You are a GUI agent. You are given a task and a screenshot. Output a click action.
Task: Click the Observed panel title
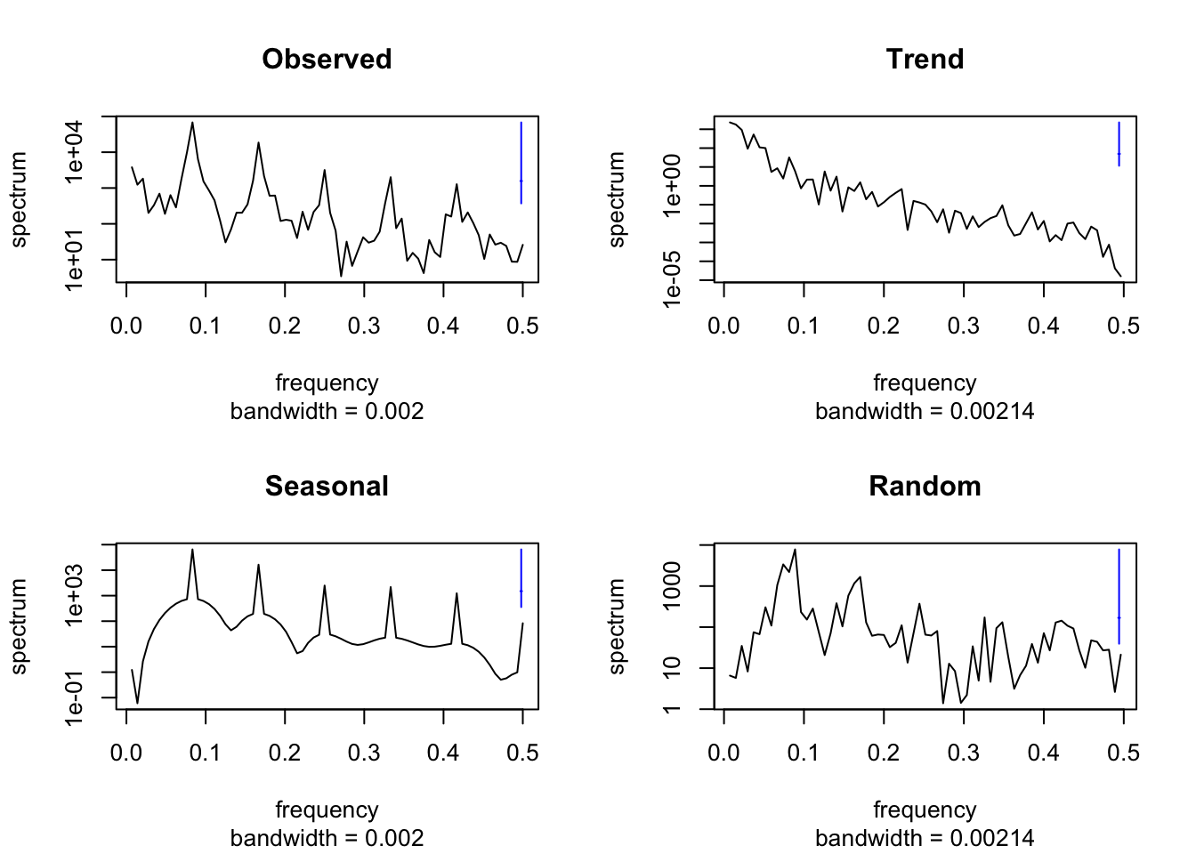pos(327,60)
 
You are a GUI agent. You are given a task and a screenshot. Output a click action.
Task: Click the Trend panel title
pos(925,60)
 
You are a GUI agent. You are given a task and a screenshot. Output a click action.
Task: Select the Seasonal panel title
pos(327,487)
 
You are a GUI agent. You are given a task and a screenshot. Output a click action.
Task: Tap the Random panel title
pos(925,487)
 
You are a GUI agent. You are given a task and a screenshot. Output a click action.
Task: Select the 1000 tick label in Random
pos(674,586)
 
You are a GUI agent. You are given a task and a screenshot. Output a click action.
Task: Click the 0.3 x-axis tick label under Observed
pos(364,326)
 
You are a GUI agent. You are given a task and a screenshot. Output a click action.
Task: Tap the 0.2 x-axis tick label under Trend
pos(884,326)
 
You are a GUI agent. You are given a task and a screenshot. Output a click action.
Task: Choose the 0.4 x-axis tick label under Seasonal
pos(443,753)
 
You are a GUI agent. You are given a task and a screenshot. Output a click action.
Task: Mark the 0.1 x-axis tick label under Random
pos(804,753)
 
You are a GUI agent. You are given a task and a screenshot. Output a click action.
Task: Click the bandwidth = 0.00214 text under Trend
pos(925,411)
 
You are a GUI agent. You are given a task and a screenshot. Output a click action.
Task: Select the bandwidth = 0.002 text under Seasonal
pos(327,838)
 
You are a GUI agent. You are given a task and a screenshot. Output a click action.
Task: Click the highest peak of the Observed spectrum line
pos(192,123)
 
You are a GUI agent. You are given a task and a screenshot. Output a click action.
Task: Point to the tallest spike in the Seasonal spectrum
pos(192,550)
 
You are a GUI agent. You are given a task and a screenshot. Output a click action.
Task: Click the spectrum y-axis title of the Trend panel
pos(617,198)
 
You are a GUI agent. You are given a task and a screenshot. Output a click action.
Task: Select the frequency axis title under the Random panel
pos(925,810)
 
